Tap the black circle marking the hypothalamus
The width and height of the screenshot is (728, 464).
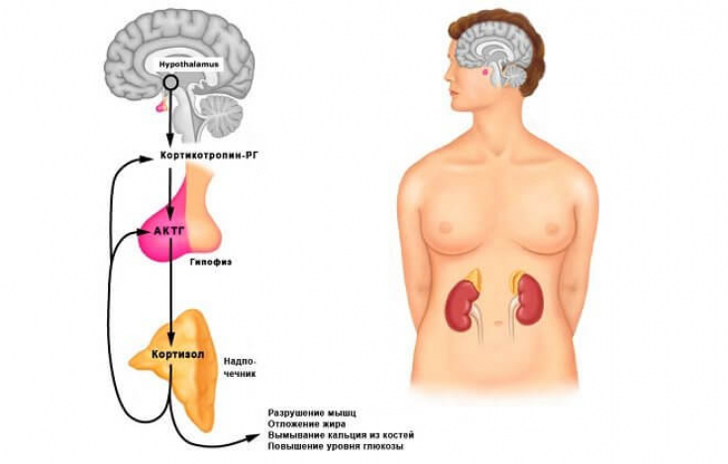(171, 83)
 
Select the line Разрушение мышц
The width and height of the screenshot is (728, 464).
(312, 411)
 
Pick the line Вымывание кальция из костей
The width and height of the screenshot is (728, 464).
(341, 435)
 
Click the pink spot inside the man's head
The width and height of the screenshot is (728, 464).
(483, 69)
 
